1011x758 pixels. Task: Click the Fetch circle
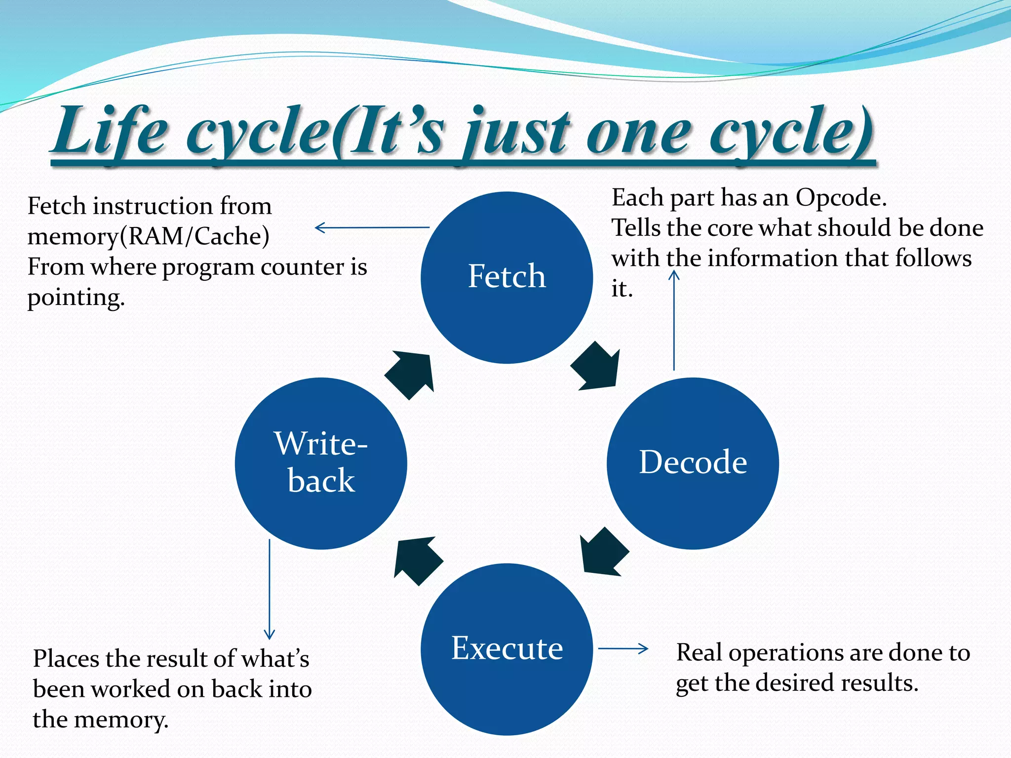tap(506, 277)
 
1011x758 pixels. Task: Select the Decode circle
tap(693, 463)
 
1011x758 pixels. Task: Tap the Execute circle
tap(506, 649)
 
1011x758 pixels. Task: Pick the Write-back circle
tap(321, 463)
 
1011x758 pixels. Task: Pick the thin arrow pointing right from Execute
tap(623, 648)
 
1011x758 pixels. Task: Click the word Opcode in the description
tap(841, 198)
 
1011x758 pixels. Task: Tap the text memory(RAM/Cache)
tap(148, 236)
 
